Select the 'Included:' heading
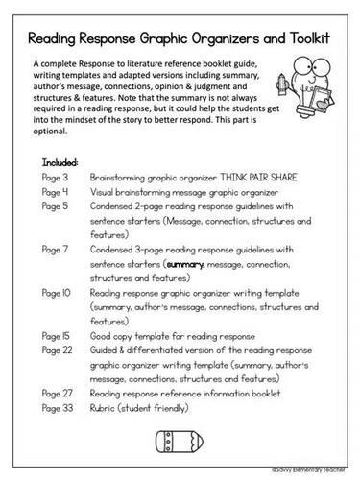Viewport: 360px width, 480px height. pyautogui.click(x=62, y=162)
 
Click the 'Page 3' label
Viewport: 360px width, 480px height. pyautogui.click(x=59, y=178)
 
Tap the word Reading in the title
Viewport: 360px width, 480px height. pyautogui.click(x=62, y=43)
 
